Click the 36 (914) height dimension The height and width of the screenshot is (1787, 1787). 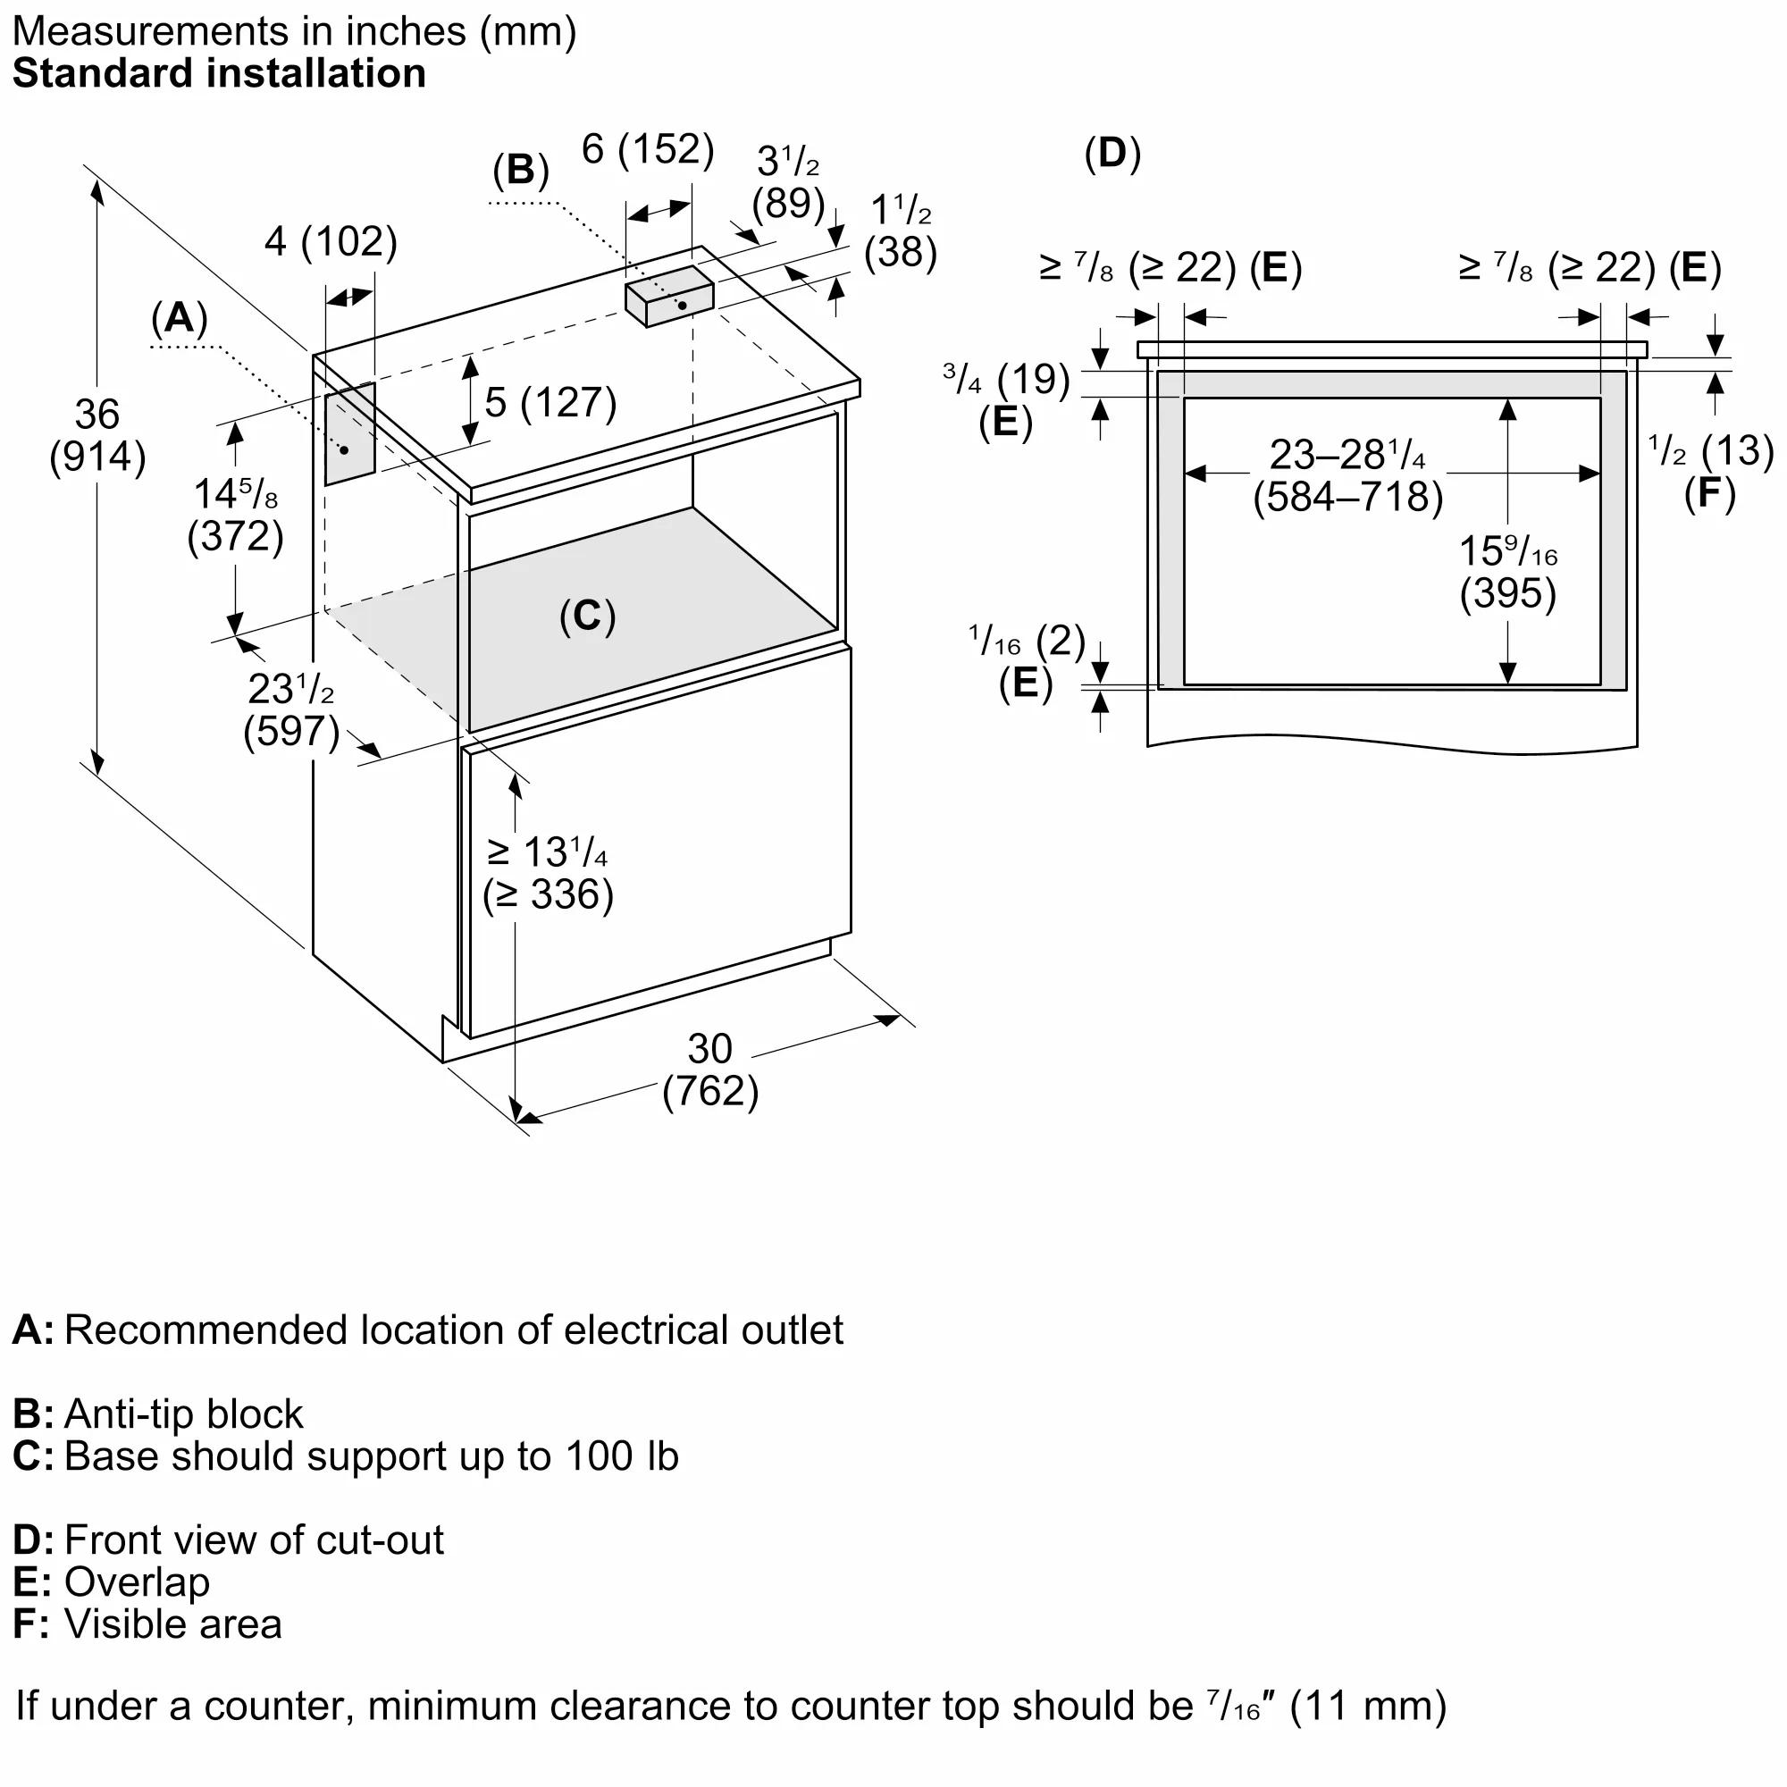point(97,436)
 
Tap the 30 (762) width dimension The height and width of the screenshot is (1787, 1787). point(709,1070)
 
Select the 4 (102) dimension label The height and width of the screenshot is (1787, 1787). point(331,241)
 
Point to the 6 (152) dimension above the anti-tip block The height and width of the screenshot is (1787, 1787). point(648,149)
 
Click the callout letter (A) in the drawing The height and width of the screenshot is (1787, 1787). point(180,318)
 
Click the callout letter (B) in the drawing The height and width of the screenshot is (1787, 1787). point(521,170)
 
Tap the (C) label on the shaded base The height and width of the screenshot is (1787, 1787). point(587,616)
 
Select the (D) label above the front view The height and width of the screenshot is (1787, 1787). point(1112,153)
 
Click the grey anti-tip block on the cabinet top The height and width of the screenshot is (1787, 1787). point(668,295)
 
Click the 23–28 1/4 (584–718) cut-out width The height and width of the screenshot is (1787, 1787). point(1347,475)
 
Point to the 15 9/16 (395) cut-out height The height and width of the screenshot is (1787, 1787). point(1507,572)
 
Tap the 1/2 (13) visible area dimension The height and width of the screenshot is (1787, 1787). point(1710,451)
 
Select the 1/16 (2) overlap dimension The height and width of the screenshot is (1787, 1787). point(1027,641)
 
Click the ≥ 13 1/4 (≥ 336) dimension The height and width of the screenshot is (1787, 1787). point(548,873)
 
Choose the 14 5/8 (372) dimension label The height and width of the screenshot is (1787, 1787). point(235,516)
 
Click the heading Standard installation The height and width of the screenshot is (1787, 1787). point(219,74)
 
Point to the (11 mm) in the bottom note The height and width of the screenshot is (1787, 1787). point(1367,1706)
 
